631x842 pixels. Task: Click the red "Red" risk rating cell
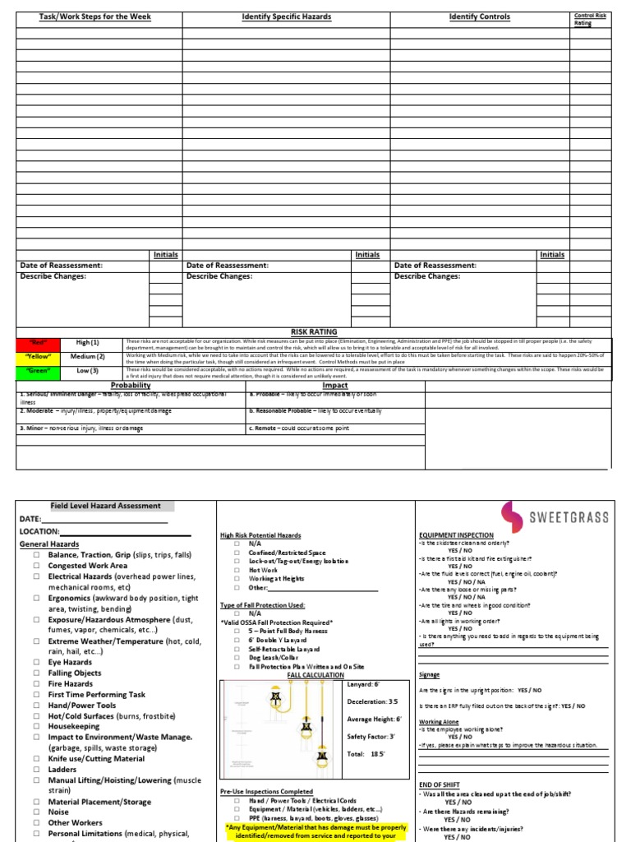pyautogui.click(x=39, y=342)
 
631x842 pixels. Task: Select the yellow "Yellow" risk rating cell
pyautogui.click(x=39, y=357)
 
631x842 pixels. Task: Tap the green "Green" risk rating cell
pyautogui.click(x=39, y=371)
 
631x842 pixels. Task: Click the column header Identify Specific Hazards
pyautogui.click(x=286, y=16)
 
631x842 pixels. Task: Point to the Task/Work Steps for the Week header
pyautogui.click(x=96, y=16)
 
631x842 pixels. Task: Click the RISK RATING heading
pyautogui.click(x=314, y=332)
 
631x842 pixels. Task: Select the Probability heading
pyautogui.click(x=131, y=385)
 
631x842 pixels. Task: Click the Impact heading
pyautogui.click(x=335, y=385)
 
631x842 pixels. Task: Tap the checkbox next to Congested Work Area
pyautogui.click(x=37, y=566)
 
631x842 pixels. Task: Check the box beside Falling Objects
pyautogui.click(x=37, y=673)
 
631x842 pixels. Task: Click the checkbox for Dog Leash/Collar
pyautogui.click(x=237, y=657)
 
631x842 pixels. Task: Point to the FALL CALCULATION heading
pyautogui.click(x=315, y=675)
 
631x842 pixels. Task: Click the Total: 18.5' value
pyautogui.click(x=367, y=754)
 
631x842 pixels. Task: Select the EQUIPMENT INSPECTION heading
pyautogui.click(x=456, y=535)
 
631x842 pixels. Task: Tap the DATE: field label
pyautogui.click(x=30, y=520)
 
